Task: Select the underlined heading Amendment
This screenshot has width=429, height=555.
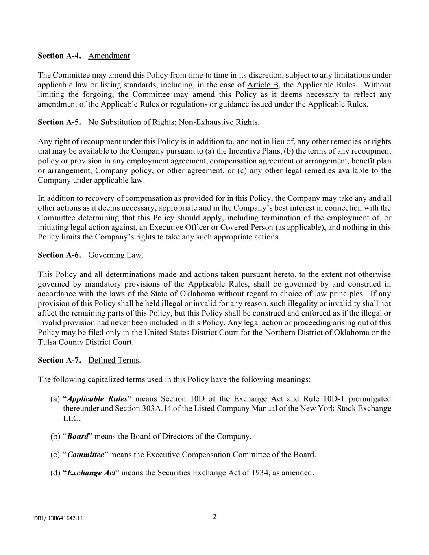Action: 109,56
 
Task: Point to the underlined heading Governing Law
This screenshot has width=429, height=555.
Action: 115,255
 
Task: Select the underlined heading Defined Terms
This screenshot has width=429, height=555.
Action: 113,360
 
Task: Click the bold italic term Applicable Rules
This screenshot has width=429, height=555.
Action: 97,399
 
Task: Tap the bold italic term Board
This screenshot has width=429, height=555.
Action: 78,437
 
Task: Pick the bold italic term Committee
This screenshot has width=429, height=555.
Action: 85,455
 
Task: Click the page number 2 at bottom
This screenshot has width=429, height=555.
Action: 214,517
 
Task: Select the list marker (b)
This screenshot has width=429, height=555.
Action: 55,437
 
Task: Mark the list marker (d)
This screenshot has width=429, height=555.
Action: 55,473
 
